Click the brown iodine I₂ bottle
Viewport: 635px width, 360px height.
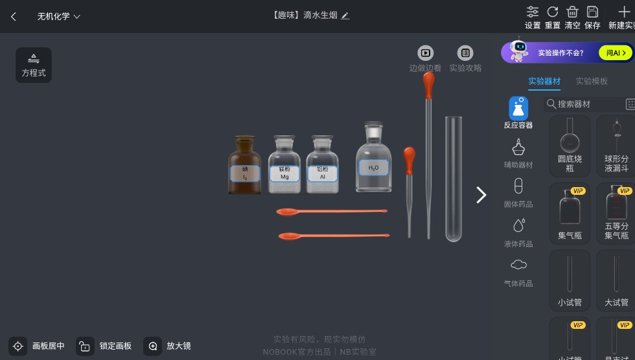point(244,166)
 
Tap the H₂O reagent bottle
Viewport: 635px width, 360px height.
point(373,161)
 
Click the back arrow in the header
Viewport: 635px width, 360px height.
point(14,16)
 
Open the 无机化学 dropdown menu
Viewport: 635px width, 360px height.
point(58,16)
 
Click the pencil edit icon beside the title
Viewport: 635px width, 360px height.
point(345,16)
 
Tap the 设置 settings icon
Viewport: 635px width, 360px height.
point(533,12)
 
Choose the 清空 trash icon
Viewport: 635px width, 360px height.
point(572,12)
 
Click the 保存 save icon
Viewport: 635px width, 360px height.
point(592,12)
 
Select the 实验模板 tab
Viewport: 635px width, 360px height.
point(592,81)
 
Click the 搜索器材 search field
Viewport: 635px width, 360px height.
point(583,104)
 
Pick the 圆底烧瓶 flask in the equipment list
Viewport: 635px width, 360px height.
point(570,145)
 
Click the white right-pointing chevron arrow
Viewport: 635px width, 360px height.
point(481,195)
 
